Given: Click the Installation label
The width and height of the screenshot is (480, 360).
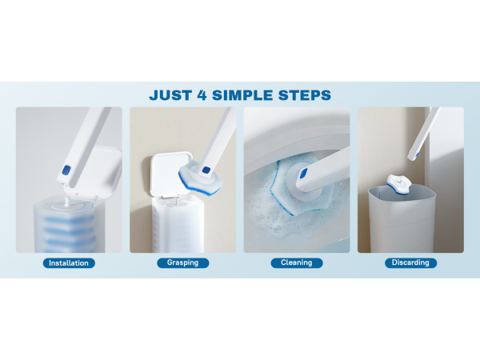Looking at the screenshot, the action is click(69, 263).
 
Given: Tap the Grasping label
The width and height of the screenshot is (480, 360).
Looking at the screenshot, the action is click(183, 262).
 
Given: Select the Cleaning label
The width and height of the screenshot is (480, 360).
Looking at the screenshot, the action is click(297, 262).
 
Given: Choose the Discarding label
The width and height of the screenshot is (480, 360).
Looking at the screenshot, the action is click(410, 262).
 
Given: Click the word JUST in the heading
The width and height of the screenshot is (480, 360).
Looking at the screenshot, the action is click(171, 95).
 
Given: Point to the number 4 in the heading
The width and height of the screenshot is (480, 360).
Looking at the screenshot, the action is click(202, 95).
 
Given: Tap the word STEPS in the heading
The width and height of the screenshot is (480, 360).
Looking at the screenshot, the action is click(305, 95).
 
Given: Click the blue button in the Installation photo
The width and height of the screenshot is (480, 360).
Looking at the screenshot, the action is click(66, 170).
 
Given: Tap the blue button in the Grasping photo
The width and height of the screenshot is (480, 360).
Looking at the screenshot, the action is click(206, 170).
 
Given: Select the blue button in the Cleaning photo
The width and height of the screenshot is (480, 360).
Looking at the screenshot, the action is click(303, 174).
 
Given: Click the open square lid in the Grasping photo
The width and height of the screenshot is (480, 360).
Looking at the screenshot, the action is click(169, 174).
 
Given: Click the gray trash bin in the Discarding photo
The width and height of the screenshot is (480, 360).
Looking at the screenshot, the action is click(402, 219).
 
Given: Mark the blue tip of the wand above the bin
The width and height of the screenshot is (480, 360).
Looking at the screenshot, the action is click(417, 156).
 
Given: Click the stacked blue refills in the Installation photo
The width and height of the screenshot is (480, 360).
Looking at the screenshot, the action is click(69, 233).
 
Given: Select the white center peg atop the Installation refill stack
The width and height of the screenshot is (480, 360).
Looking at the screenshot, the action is click(67, 202).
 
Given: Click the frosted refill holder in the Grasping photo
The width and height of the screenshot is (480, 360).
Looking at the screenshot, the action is click(178, 225).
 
